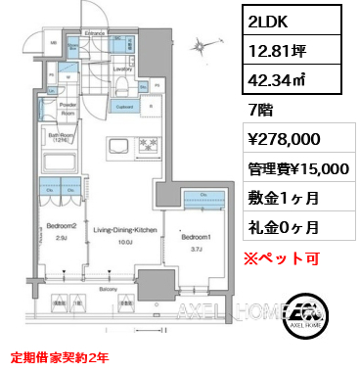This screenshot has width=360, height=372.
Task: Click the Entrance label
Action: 94,34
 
